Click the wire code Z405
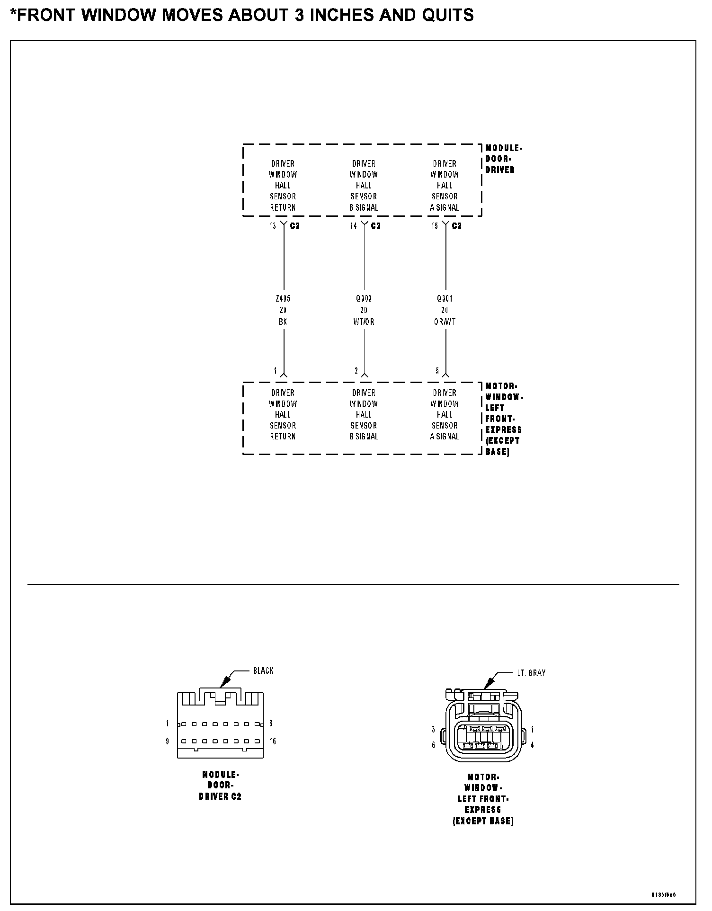283,299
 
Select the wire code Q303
364,299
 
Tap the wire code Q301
445,299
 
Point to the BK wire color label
283,322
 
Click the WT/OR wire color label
364,322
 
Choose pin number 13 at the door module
273,226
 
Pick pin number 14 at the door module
353,226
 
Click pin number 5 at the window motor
437,371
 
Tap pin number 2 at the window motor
356,371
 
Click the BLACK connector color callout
263,670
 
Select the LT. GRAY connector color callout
531,673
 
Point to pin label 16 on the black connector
273,741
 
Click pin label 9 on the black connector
167,741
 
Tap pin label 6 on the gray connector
433,745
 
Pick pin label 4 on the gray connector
532,745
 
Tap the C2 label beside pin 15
456,226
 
